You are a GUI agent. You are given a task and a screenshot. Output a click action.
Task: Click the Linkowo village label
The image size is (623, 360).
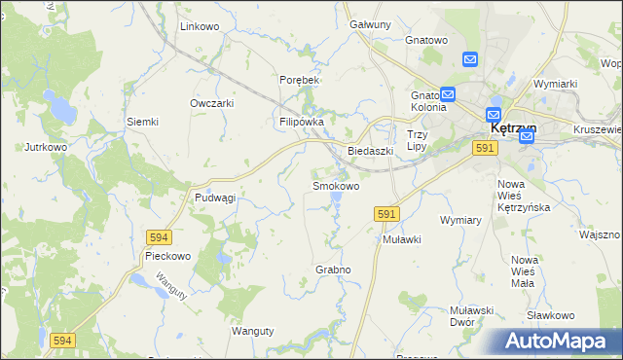[x=200, y=26]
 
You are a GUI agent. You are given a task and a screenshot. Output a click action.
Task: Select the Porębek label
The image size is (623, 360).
[x=300, y=79]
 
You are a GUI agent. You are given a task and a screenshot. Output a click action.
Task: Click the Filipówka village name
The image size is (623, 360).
[x=301, y=122]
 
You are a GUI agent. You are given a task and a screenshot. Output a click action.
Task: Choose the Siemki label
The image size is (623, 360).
[x=142, y=122]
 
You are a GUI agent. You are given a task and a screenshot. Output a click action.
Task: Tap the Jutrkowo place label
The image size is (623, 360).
[x=46, y=147]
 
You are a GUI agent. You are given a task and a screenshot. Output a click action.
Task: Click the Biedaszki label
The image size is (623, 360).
[x=370, y=151]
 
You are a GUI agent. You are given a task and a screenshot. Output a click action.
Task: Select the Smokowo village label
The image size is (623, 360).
[x=336, y=185]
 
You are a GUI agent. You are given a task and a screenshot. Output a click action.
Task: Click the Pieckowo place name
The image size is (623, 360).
[x=166, y=256]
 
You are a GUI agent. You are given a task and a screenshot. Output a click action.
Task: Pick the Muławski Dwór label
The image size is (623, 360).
[x=474, y=316]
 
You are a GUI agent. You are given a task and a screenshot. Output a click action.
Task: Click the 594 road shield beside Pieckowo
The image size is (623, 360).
[x=161, y=236]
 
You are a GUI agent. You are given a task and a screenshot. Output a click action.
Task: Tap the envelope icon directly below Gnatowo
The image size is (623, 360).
[x=470, y=60]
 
